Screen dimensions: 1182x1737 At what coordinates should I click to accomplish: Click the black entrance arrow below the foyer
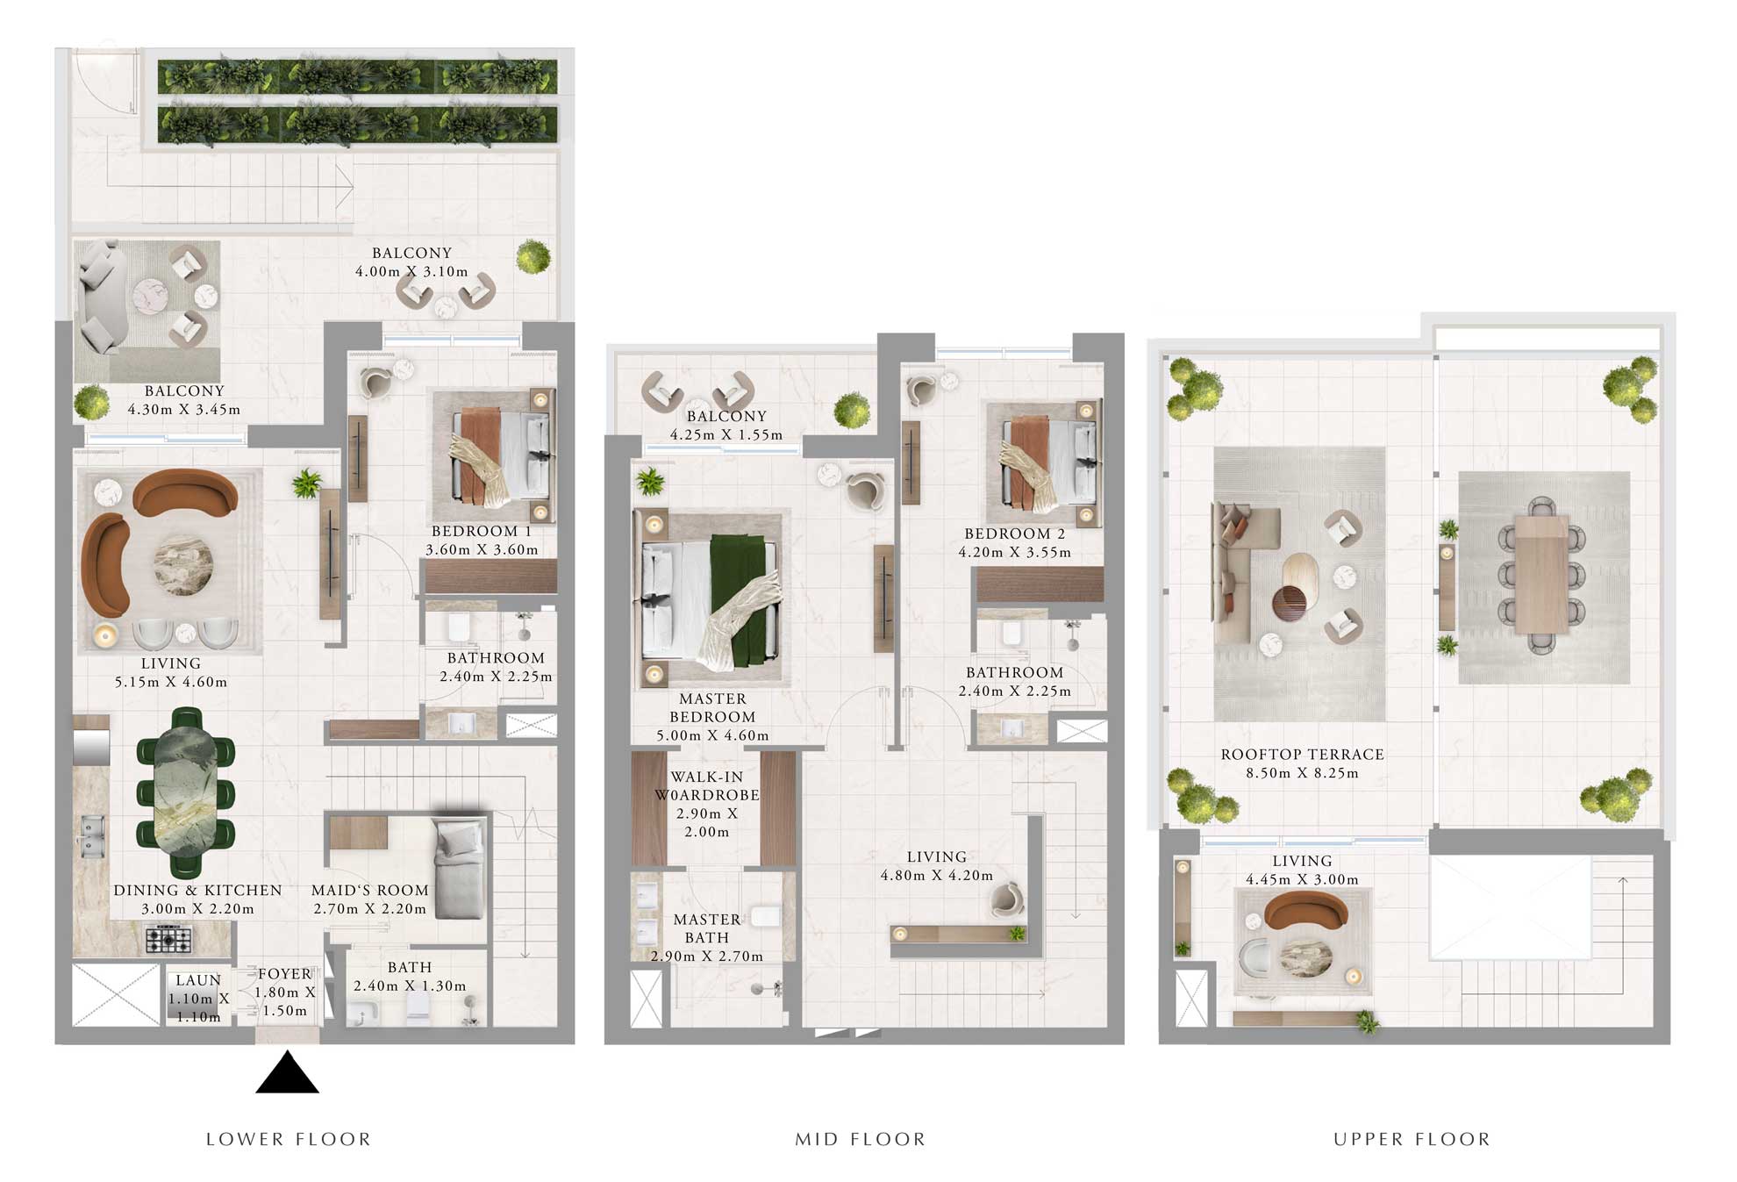point(287,1075)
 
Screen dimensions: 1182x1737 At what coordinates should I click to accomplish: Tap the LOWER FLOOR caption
point(289,1139)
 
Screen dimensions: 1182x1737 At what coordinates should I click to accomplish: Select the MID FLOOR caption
point(860,1139)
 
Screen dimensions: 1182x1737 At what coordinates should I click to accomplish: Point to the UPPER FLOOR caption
point(1412,1139)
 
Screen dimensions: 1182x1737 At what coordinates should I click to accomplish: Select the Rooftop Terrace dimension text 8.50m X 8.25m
point(1302,773)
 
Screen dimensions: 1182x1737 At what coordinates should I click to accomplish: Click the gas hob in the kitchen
point(168,940)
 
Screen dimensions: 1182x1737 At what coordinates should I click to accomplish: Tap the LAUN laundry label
point(198,980)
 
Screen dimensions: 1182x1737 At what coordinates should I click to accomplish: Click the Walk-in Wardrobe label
point(707,786)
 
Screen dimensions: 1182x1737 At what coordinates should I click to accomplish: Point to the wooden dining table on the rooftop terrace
point(1541,574)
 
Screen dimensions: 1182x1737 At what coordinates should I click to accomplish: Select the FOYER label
point(285,974)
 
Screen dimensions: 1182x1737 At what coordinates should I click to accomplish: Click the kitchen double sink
point(90,835)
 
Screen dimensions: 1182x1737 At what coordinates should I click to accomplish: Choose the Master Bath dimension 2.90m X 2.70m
point(707,956)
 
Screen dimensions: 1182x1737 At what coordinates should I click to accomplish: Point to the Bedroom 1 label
point(482,531)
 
